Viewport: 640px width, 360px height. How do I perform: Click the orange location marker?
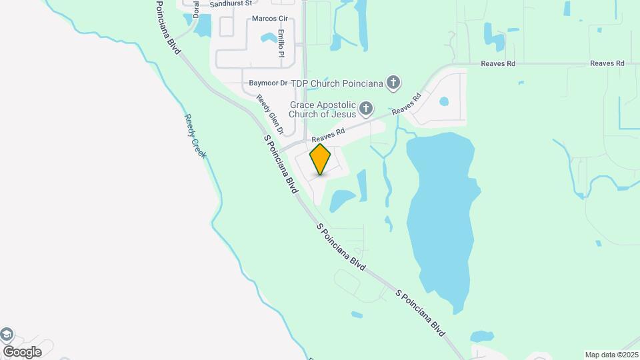click(x=321, y=159)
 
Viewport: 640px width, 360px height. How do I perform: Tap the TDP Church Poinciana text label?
click(x=344, y=83)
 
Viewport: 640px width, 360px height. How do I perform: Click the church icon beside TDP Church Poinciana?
click(x=393, y=83)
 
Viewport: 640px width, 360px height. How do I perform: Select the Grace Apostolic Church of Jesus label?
click(x=323, y=109)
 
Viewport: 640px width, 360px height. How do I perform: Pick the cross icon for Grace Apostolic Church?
click(x=365, y=108)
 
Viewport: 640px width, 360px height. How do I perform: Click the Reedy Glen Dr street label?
click(x=270, y=114)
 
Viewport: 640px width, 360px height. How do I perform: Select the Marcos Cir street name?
click(x=269, y=19)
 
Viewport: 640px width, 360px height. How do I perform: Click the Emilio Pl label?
click(x=281, y=43)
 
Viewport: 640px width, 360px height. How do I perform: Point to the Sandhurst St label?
click(x=231, y=3)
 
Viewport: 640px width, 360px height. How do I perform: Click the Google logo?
click(x=22, y=351)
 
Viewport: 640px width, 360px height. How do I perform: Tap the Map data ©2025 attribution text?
click(x=611, y=355)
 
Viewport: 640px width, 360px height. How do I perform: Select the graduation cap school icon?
click(x=6, y=335)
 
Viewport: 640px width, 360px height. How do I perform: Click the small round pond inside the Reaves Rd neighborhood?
click(x=444, y=101)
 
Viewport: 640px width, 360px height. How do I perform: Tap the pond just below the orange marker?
click(x=342, y=199)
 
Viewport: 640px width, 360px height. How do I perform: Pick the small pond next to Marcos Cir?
click(x=268, y=37)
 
